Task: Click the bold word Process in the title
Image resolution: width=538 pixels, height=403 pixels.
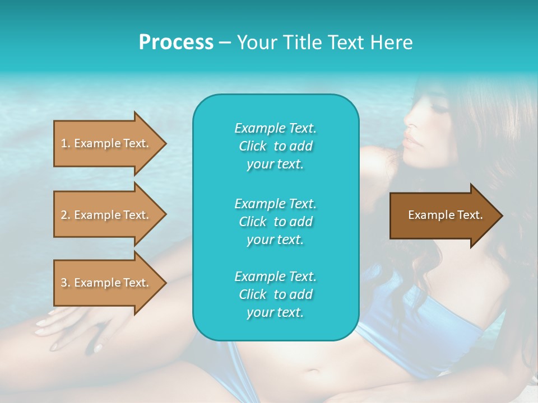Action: pyautogui.click(x=176, y=43)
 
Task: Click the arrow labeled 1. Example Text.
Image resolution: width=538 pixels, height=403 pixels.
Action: pyautogui.click(x=106, y=143)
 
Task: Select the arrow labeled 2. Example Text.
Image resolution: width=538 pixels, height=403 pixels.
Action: pyautogui.click(x=106, y=215)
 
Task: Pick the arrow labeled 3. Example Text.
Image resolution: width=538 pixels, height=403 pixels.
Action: pyautogui.click(x=106, y=283)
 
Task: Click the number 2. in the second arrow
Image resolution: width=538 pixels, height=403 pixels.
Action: pyautogui.click(x=66, y=215)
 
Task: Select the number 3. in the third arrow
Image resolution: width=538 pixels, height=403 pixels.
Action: pyautogui.click(x=66, y=283)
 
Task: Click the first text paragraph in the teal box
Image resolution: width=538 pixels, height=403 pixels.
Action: pyautogui.click(x=275, y=146)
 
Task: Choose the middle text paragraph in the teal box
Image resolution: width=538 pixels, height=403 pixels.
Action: pyautogui.click(x=275, y=222)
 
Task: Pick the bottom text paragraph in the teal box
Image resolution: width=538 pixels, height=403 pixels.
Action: pyautogui.click(x=275, y=294)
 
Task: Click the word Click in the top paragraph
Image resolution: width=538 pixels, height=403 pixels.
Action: pyautogui.click(x=253, y=146)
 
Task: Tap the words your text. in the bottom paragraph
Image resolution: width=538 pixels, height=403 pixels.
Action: pyautogui.click(x=275, y=312)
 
